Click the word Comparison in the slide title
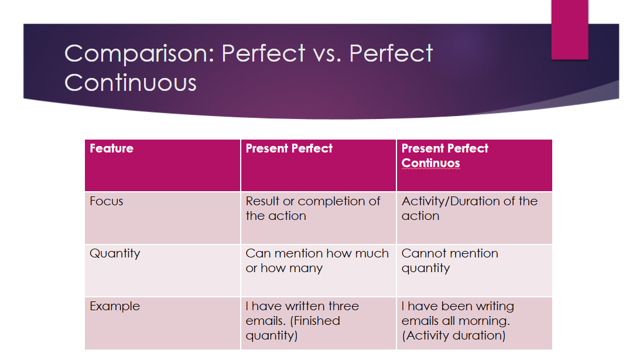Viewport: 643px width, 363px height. [x=139, y=54]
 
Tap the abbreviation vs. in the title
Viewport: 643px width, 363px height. [x=327, y=54]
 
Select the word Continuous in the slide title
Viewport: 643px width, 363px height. [x=131, y=83]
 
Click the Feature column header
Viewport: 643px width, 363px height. [x=111, y=148]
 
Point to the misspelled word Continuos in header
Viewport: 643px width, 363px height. [x=430, y=163]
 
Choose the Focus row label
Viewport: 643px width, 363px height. [x=106, y=201]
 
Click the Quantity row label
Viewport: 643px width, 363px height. [x=115, y=254]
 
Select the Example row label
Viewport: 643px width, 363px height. [x=115, y=306]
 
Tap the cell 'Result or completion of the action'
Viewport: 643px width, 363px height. [x=313, y=208]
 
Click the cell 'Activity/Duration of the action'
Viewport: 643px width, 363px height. [x=470, y=208]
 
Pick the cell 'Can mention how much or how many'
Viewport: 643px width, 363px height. [x=317, y=261]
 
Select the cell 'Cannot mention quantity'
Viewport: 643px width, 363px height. [x=450, y=261]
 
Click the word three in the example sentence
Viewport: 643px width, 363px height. [x=343, y=306]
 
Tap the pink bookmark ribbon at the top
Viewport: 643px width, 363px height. [x=570, y=29]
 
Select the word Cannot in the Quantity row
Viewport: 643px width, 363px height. [x=420, y=254]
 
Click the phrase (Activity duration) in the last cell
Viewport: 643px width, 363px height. [x=453, y=336]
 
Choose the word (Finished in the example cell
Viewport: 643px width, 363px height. [x=315, y=321]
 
